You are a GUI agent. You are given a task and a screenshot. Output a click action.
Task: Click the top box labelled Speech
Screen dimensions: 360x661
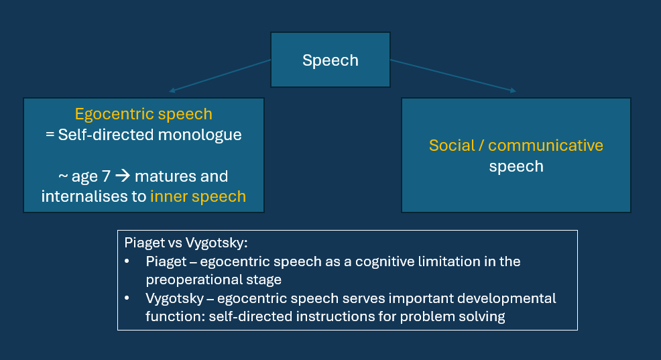330,60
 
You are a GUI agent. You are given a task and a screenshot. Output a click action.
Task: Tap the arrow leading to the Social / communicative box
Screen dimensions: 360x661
453,75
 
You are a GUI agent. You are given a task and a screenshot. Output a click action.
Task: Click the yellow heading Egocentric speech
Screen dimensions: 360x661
143,114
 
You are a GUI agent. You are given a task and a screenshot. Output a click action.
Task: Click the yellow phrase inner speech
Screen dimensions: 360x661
198,196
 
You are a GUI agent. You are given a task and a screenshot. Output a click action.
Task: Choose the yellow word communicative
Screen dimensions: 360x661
546,145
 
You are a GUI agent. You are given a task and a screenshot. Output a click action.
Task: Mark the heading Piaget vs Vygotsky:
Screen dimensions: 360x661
186,243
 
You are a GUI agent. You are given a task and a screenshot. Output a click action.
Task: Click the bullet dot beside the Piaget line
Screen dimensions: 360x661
128,261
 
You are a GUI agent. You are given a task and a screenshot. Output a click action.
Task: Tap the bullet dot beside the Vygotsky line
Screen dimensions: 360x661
128,298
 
